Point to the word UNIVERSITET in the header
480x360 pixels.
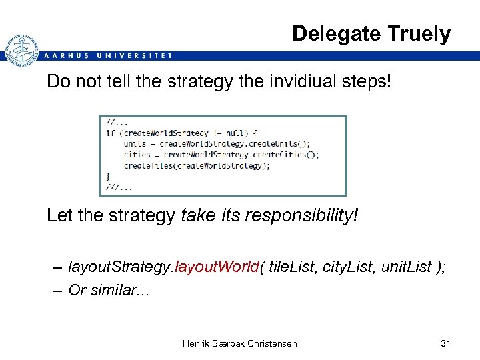tap(134, 56)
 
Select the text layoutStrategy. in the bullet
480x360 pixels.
tap(121, 268)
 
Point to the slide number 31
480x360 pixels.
tap(446, 343)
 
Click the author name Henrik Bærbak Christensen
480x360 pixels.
tap(240, 343)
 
